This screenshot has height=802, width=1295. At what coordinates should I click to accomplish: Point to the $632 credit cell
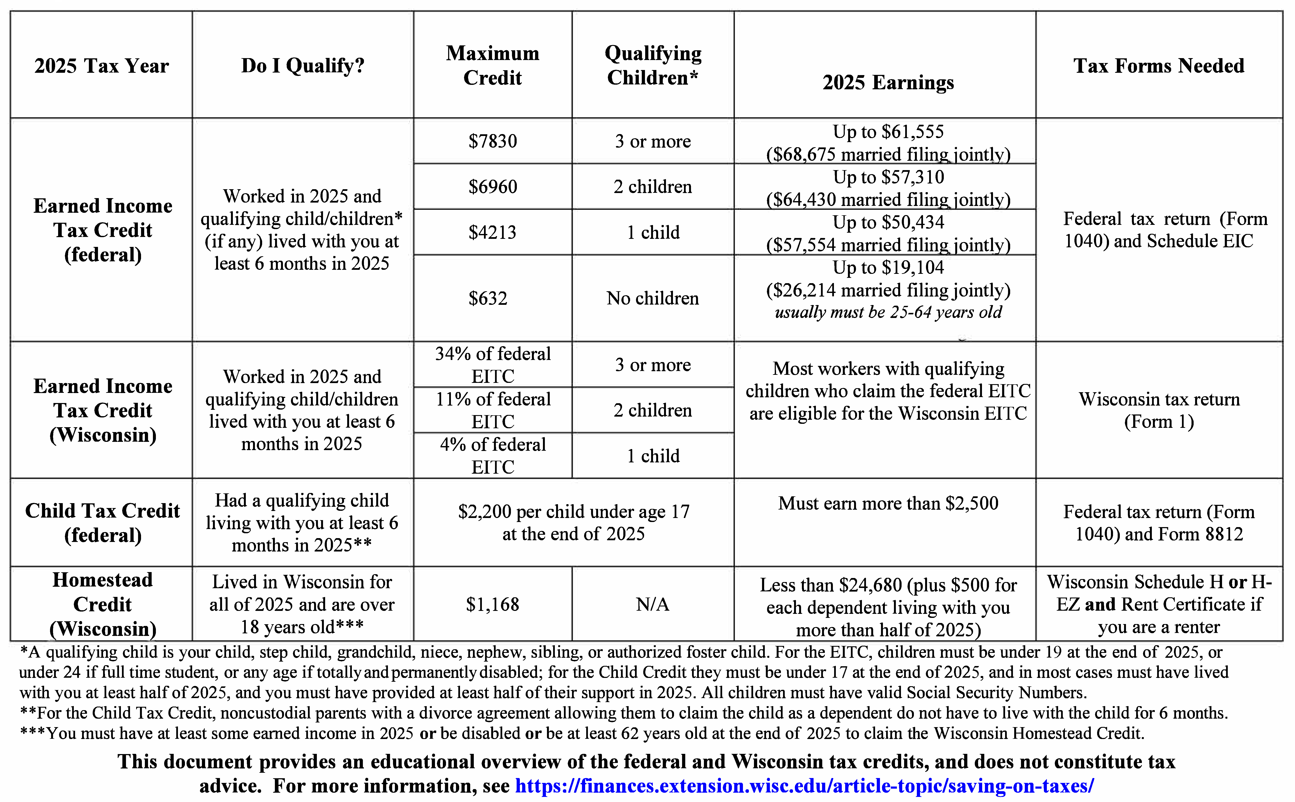point(488,298)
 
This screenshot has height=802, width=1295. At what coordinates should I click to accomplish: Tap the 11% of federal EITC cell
point(493,410)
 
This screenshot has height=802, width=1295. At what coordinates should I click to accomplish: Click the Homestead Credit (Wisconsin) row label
point(102,604)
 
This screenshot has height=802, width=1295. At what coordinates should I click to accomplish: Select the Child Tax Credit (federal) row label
point(102,522)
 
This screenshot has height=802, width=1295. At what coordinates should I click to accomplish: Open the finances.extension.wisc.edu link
point(804,785)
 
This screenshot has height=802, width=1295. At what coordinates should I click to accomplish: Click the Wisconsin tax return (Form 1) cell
point(1159,410)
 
